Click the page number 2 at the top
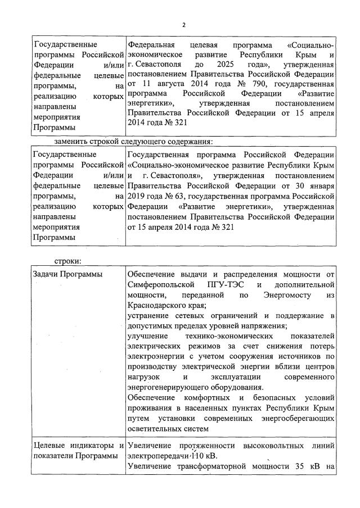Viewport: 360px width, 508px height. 183,24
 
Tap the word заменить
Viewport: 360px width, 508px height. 72,140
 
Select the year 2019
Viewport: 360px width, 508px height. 137,196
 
